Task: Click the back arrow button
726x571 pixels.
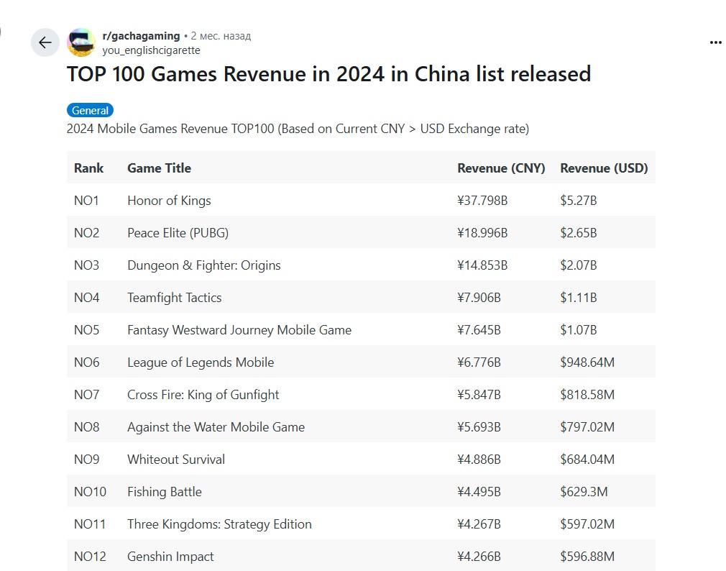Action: pos(45,43)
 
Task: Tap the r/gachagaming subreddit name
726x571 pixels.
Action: pos(141,35)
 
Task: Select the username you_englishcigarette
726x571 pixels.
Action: pos(151,50)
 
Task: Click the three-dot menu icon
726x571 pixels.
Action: pos(714,42)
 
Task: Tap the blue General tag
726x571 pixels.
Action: pos(91,111)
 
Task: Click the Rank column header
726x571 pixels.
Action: pos(88,168)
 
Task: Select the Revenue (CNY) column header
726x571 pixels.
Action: pos(501,168)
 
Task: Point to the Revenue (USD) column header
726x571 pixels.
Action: pos(604,168)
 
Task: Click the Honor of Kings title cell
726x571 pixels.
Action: pos(169,201)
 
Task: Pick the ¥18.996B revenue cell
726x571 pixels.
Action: pos(482,233)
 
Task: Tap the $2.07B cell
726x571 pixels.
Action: pos(579,265)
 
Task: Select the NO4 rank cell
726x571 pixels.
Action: pos(87,298)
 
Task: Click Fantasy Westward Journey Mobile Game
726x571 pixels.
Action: pos(239,330)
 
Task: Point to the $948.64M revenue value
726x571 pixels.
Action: pos(587,362)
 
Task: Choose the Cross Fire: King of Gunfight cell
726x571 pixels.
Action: pos(203,395)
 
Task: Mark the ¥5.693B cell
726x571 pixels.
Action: pos(479,427)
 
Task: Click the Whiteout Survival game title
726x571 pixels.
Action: pos(176,460)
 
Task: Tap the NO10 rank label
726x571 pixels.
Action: pos(90,492)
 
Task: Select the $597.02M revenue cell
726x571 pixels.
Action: pos(587,524)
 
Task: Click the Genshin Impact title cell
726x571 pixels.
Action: pos(170,557)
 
